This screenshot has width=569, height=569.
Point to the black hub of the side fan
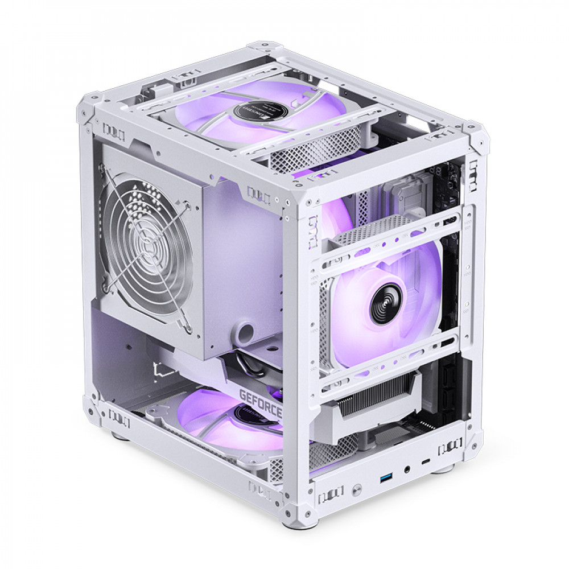385,303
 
